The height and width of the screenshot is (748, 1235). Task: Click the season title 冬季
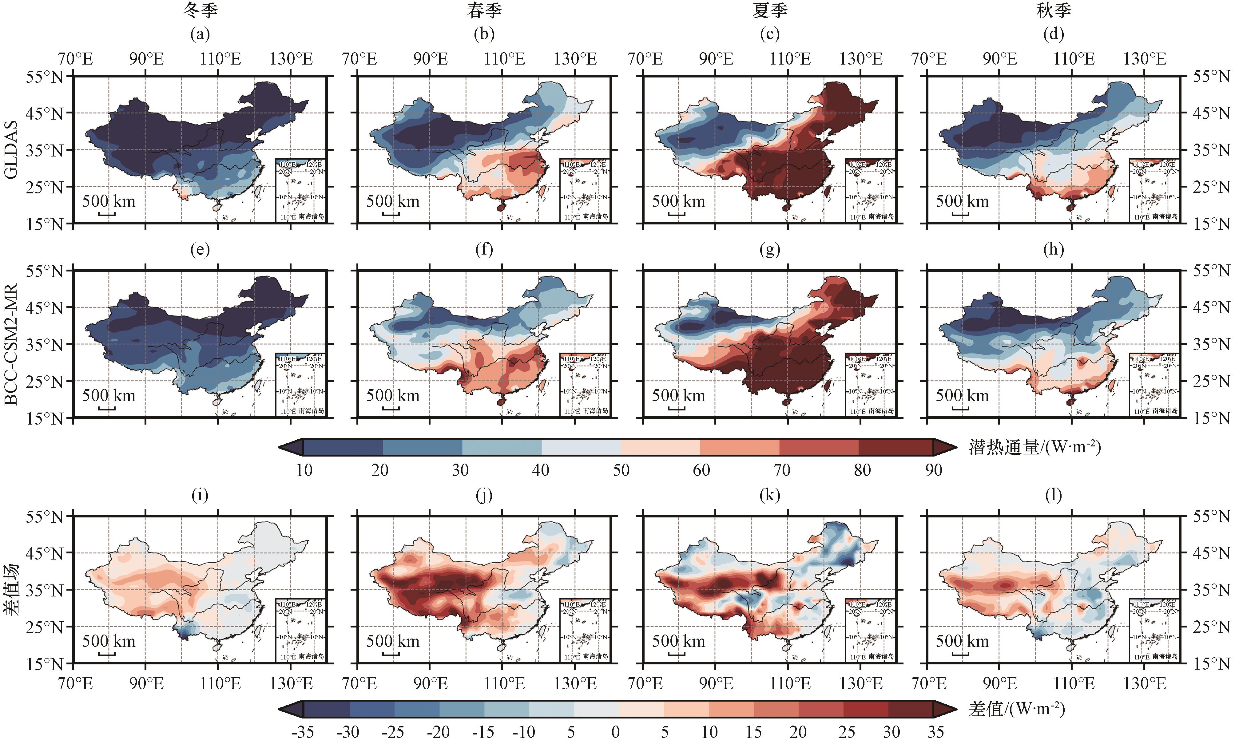[x=200, y=10]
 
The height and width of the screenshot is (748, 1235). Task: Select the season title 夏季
[x=769, y=10]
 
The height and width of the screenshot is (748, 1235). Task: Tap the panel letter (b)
[x=484, y=34]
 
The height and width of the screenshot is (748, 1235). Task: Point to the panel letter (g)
[x=769, y=249]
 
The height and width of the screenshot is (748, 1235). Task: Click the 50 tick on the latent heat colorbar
[x=621, y=470]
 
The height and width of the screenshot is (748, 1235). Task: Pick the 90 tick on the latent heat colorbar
[x=933, y=470]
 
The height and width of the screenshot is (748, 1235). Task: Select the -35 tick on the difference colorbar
[x=303, y=732]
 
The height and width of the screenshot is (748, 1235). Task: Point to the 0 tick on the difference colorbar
[x=615, y=732]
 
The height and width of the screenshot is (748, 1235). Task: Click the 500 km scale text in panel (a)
[x=109, y=201]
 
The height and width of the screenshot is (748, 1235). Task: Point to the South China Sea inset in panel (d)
[x=1154, y=190]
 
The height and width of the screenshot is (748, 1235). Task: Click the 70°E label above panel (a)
[x=75, y=59]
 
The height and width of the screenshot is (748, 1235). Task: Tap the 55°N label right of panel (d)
[x=1211, y=77]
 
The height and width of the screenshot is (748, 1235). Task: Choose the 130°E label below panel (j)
[x=575, y=683]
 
